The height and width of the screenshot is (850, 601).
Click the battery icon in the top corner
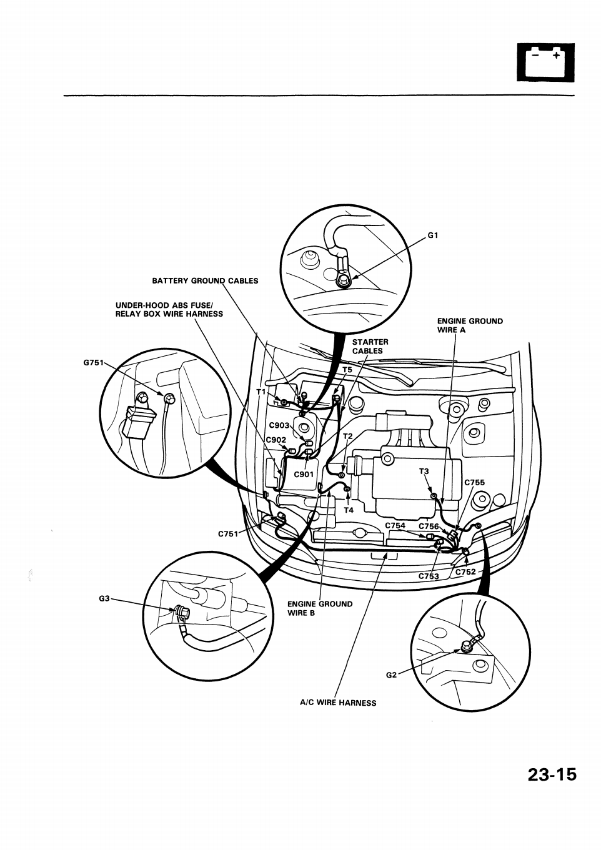(x=545, y=62)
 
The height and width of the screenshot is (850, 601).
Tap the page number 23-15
(x=552, y=774)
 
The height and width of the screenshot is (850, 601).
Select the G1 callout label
(x=434, y=235)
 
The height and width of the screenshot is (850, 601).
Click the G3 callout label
(x=104, y=598)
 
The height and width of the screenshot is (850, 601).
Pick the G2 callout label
(x=391, y=675)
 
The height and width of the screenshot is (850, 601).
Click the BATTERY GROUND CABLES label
(x=205, y=280)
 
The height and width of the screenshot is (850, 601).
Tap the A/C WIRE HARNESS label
(x=338, y=703)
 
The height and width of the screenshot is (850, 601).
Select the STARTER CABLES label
(x=370, y=346)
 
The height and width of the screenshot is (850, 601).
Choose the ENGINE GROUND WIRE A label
(x=469, y=325)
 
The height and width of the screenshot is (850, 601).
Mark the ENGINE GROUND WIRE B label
(x=319, y=608)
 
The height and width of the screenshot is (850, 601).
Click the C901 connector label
(x=304, y=474)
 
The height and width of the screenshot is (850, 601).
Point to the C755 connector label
(x=474, y=482)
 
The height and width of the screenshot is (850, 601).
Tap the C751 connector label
(x=228, y=534)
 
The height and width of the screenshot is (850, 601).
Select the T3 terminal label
(x=424, y=472)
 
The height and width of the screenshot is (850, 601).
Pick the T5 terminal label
(x=347, y=370)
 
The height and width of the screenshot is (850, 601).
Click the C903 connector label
(x=279, y=425)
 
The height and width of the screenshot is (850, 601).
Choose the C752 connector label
(x=465, y=571)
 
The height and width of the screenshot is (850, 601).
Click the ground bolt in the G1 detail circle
(x=344, y=280)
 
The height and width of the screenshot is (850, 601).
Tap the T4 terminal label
(x=349, y=510)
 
